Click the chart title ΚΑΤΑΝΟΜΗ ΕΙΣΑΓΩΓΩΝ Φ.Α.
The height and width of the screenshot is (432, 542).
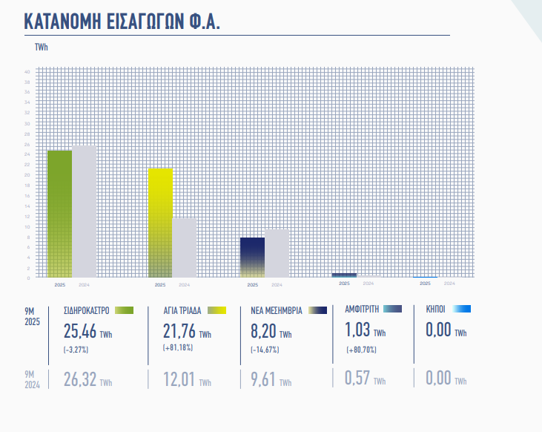(x=122, y=21)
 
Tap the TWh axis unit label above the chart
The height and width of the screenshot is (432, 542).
(x=42, y=48)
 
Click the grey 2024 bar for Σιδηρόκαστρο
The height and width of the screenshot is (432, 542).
(x=84, y=212)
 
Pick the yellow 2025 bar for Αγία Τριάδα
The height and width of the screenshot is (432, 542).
(x=160, y=223)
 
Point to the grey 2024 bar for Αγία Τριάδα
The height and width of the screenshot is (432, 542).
(x=184, y=247)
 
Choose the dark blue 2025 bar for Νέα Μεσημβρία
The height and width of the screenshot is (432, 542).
(x=252, y=258)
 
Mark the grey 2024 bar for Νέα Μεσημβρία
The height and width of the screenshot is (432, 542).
(x=277, y=253)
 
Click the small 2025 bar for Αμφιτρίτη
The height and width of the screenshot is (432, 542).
(x=344, y=275)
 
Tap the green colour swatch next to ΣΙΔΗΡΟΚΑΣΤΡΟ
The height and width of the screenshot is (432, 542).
(x=123, y=310)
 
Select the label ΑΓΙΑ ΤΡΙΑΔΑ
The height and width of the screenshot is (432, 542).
(x=182, y=310)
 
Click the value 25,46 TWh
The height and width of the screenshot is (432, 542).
(x=87, y=330)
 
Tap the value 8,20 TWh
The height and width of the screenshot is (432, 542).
(x=269, y=330)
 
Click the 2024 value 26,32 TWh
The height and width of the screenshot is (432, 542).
(x=87, y=379)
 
